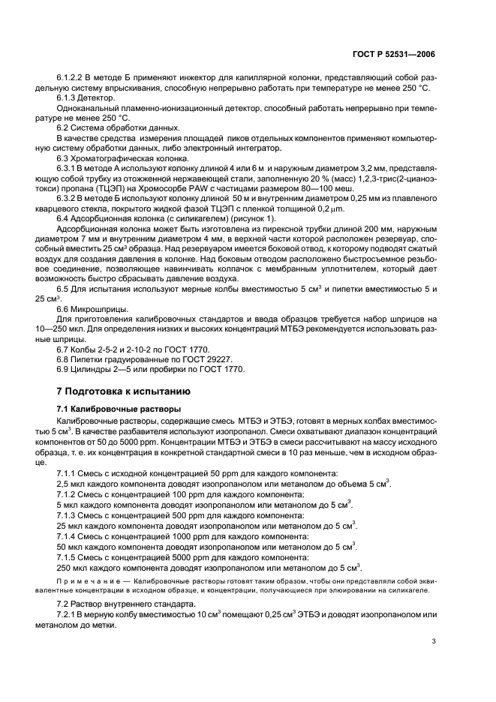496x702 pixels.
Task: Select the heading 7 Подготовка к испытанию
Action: pos(124,391)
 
